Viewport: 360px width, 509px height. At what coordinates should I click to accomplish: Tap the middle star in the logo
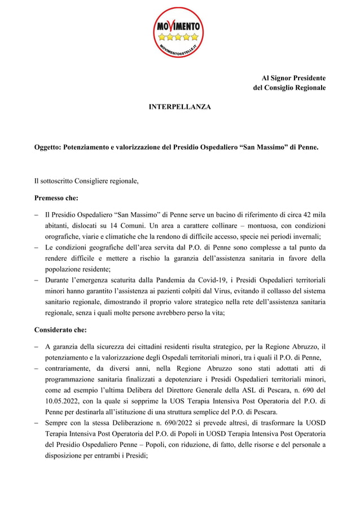pyautogui.click(x=179, y=37)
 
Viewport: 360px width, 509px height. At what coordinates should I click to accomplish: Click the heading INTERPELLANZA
pyautogui.click(x=179, y=106)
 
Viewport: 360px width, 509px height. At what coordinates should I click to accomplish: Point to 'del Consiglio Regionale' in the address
pyautogui.click(x=289, y=88)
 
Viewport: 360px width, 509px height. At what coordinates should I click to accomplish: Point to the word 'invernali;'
pyautogui.click(x=309, y=236)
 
